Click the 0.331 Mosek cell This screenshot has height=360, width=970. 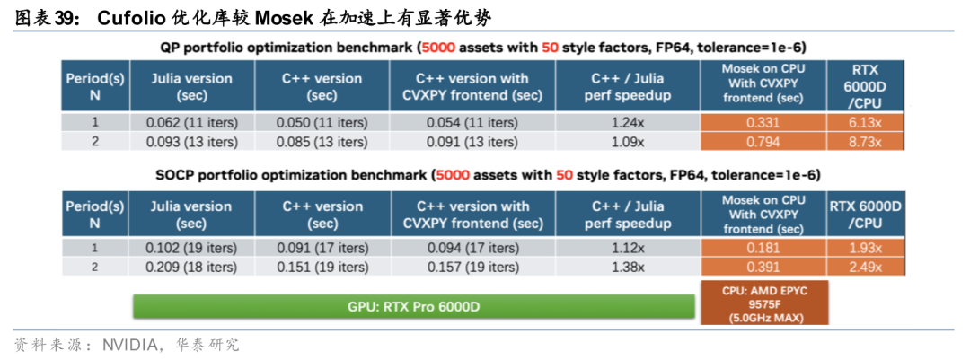(763, 122)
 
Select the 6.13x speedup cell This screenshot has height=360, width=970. (865, 122)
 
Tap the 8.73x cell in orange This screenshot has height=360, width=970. (865, 141)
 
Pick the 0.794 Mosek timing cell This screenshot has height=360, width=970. (763, 141)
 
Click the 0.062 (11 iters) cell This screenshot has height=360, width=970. (192, 122)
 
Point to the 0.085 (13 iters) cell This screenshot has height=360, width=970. (322, 141)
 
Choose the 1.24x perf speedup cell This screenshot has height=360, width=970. (628, 122)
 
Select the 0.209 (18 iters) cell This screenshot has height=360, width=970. (192, 268)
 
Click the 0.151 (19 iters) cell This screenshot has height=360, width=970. (322, 268)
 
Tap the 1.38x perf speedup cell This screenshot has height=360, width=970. (628, 268)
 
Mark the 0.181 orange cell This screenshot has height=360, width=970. (763, 248)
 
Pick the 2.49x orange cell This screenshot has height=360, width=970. (865, 268)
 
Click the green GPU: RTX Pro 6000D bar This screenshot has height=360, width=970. (414, 307)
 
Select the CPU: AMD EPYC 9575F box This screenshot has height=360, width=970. (764, 303)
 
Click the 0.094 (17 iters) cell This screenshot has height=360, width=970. (472, 248)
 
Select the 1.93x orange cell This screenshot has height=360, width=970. (865, 248)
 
